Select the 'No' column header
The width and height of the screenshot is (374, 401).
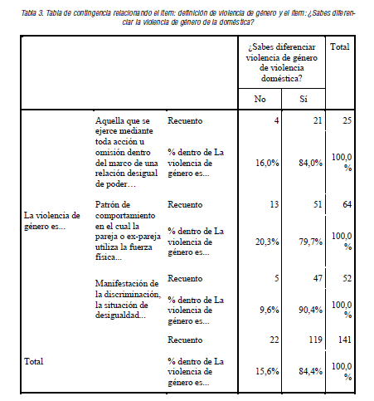coord(261,100)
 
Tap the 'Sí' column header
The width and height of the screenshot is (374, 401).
coord(304,100)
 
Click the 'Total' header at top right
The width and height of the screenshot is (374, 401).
coord(341,48)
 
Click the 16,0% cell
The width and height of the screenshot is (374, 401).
coord(265,163)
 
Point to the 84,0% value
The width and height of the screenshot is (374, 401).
coord(308,163)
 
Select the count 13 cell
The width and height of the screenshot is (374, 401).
coord(270,203)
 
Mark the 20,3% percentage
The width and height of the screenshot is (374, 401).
coord(265,243)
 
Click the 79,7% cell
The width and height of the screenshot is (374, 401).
coord(308,243)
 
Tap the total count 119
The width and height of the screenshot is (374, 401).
coord(312,340)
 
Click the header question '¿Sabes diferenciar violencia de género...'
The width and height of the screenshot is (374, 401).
coord(282,59)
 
